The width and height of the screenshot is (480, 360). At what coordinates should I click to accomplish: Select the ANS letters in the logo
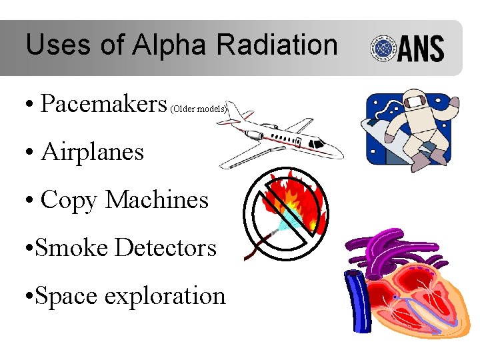pos(421,49)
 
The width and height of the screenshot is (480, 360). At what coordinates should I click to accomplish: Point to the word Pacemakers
pos(103,104)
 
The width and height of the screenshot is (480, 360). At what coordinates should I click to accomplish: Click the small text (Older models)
pos(199,108)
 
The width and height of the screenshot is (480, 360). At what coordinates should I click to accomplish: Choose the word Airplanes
pos(93,152)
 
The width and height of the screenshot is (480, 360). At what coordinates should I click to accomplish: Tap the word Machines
pos(157,200)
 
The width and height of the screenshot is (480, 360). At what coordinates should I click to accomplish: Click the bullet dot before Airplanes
pos(31,153)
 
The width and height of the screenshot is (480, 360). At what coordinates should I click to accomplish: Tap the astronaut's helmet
pos(414,101)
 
